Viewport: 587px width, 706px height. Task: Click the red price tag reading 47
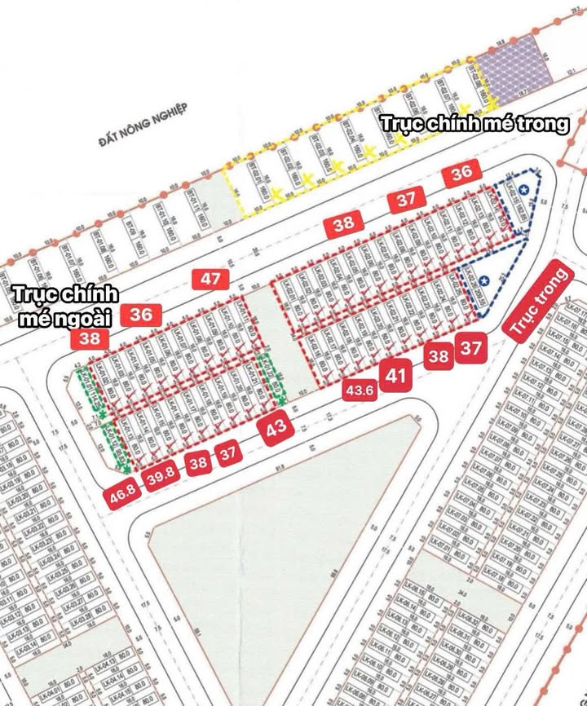click(210, 280)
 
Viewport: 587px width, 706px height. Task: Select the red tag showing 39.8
click(161, 476)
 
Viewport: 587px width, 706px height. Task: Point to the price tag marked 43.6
click(360, 390)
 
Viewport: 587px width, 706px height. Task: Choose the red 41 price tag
click(396, 376)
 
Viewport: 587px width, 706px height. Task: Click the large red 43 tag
click(276, 429)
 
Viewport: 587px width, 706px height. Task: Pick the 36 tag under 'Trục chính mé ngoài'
click(141, 315)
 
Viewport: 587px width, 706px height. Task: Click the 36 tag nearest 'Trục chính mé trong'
click(461, 172)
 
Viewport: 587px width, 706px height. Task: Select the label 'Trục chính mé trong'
click(474, 124)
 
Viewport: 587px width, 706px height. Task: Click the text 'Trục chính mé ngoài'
click(65, 306)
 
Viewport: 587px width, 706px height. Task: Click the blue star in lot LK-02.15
click(523, 190)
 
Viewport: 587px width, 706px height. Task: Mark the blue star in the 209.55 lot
click(484, 280)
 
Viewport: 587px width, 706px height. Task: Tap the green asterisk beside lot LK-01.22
click(280, 402)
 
